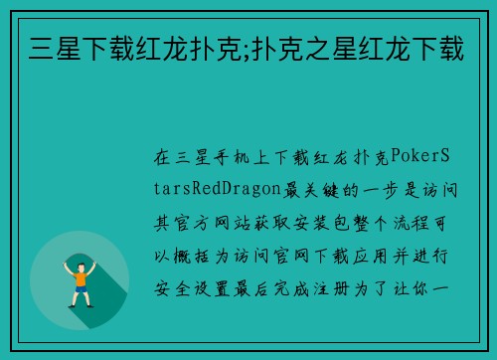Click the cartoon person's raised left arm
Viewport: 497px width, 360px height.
point(68,267)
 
